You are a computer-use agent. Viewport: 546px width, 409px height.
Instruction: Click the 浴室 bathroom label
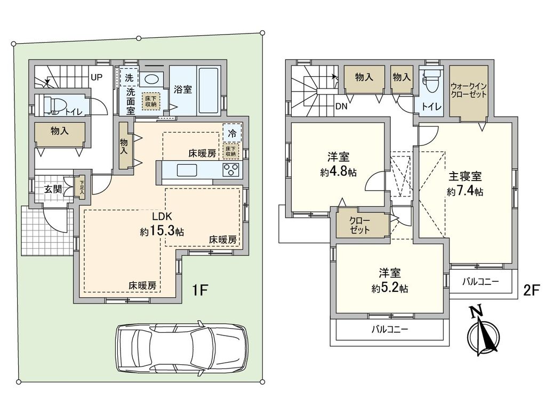point(183,89)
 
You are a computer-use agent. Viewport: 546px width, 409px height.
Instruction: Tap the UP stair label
point(96,77)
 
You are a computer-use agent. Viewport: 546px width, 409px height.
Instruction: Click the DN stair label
point(342,105)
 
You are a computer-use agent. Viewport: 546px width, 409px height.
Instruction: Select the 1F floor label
point(200,291)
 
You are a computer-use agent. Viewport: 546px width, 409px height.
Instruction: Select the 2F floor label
point(532,291)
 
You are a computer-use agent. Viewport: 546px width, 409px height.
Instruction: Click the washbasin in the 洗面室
point(151,79)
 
